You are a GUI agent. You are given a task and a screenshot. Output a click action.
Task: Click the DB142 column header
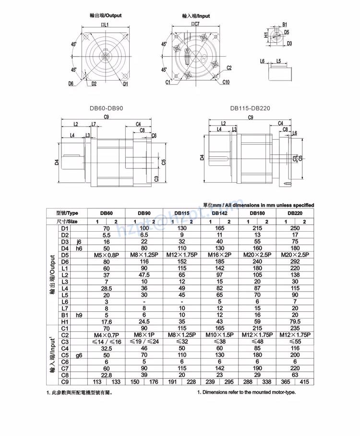[219, 213]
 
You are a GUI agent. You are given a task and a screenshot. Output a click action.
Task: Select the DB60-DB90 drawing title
[106, 108]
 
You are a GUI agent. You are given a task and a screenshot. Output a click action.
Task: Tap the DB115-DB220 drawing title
[250, 108]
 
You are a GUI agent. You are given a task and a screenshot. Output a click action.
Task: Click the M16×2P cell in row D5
[219, 255]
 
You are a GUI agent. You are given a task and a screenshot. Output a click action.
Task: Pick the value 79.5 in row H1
[295, 321]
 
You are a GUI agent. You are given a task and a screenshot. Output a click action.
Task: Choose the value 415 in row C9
[304, 382]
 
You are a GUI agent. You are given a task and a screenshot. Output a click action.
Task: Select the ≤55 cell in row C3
[295, 342]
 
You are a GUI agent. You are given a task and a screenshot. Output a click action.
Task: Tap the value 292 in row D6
[295, 261]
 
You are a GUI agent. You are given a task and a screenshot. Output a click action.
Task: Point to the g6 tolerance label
[79, 355]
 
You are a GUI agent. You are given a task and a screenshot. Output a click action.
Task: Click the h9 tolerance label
[79, 315]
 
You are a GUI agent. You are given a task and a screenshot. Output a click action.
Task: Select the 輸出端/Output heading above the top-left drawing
[106, 15]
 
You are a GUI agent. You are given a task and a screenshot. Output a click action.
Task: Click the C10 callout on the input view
[226, 82]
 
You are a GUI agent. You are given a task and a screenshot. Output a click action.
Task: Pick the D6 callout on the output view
[71, 84]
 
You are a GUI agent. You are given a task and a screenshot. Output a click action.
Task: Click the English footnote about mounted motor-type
[246, 392]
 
